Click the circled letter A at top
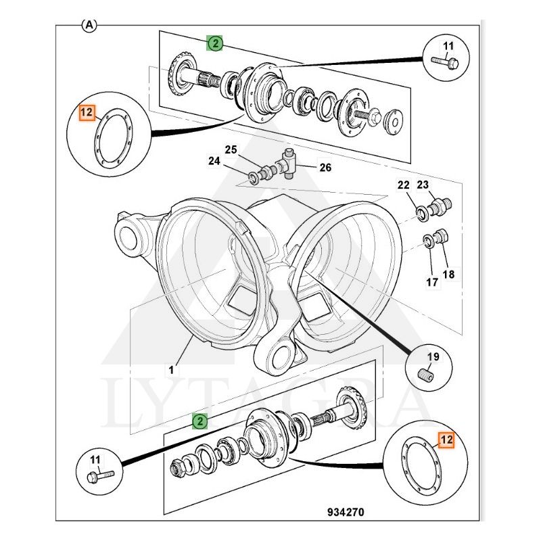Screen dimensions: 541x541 tap(89, 25)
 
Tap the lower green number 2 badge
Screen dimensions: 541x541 tap(199, 421)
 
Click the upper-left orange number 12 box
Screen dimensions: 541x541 tap(87, 112)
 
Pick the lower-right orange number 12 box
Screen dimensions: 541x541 tap(446, 440)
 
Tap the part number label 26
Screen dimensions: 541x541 tap(325, 167)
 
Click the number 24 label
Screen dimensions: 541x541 tap(214, 161)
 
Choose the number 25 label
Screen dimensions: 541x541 tap(231, 149)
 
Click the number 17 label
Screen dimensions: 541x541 tap(431, 282)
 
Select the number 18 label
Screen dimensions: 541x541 tap(448, 275)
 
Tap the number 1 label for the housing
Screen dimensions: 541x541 tap(172, 369)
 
